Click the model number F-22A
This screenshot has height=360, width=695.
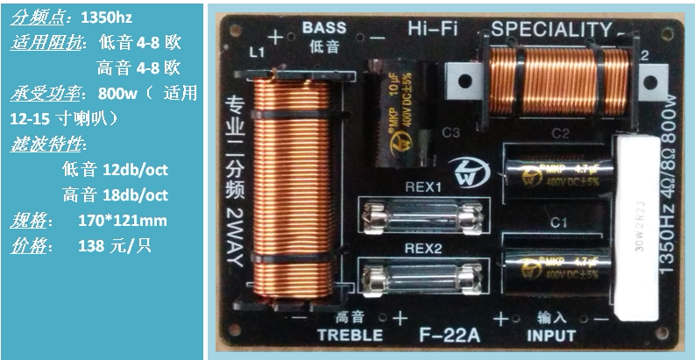coord(450,335)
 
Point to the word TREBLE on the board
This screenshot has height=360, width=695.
coord(350,335)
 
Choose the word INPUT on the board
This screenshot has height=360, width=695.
coord(550,335)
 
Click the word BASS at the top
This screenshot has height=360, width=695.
coord(323,27)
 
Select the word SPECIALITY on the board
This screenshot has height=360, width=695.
coord(550,31)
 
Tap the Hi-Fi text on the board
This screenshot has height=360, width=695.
coord(435,30)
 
